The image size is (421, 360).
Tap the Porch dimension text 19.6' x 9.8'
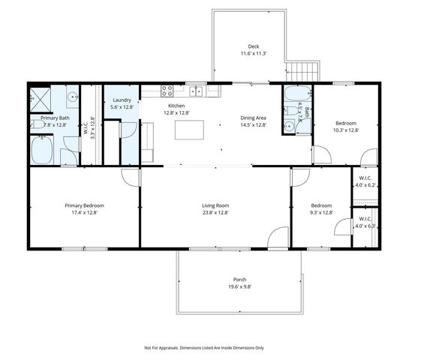coord(239,287)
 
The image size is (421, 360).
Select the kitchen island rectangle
coord(188,129)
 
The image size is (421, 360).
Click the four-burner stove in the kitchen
coord(167,91)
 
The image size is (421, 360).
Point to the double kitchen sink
coord(196,91)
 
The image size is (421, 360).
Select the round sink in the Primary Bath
coord(72,97)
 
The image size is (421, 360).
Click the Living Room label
coord(215,205)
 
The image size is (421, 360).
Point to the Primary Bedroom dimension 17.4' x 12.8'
coord(84,213)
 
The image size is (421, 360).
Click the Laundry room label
coord(121,100)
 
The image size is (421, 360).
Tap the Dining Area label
coord(253,118)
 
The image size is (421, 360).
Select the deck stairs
coord(303,73)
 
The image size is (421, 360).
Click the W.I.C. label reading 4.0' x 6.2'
coord(364,184)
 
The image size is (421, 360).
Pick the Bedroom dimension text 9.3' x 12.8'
coord(321,213)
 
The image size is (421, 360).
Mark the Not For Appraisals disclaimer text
coord(203,348)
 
